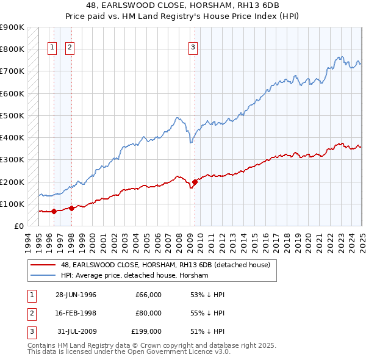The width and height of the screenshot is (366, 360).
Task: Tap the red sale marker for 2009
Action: pyautogui.click(x=195, y=182)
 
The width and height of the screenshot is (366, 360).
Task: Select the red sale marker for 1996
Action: pyautogui.click(x=54, y=212)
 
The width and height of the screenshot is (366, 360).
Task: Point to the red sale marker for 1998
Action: pyautogui.click(x=71, y=208)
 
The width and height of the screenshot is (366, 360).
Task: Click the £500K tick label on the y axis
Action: pyautogui.click(x=12, y=115)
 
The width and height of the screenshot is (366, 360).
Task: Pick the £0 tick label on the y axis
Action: pyautogui.click(x=19, y=226)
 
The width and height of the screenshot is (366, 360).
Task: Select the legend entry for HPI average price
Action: pyautogui.click(x=135, y=275)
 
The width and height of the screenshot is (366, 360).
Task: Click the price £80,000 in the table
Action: pyautogui.click(x=148, y=313)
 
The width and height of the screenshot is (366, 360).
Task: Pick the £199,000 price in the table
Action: pyautogui.click(x=146, y=331)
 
